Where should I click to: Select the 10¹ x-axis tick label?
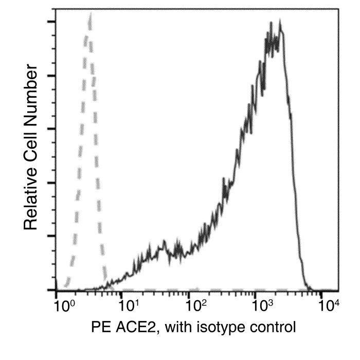pyautogui.click(x=130, y=305)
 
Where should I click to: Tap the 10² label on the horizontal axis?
pyautogui.click(x=196, y=305)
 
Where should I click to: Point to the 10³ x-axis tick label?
pyautogui.click(x=263, y=305)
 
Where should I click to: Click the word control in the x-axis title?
pyautogui.click(x=273, y=327)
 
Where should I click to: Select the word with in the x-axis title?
pyautogui.click(x=178, y=327)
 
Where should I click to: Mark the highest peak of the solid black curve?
pyautogui.click(x=280, y=21)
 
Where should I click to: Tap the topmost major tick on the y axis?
pyautogui.click(x=51, y=22)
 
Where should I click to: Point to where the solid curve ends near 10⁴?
pyautogui.click(x=312, y=290)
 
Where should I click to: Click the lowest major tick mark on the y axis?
pyautogui.click(x=51, y=290)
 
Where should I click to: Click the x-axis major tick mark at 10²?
pyautogui.click(x=189, y=295)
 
